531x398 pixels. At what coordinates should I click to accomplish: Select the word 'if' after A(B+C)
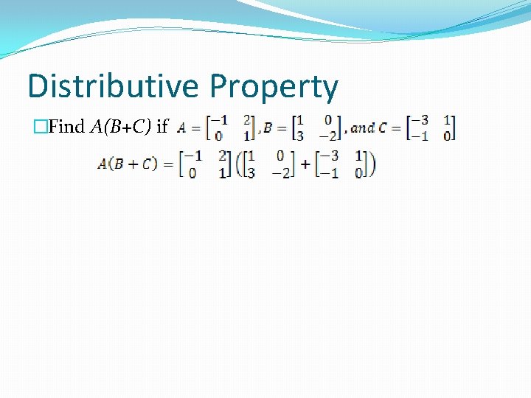click(x=162, y=127)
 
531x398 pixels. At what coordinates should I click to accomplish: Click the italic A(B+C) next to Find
click(x=121, y=127)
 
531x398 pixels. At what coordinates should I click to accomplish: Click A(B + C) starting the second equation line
click(x=128, y=164)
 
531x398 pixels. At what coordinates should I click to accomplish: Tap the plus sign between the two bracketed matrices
click(x=305, y=165)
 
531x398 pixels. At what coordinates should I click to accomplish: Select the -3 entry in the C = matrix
click(x=420, y=120)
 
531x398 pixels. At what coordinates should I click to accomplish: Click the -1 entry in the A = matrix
click(x=219, y=120)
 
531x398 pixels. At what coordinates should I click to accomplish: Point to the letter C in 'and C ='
click(x=382, y=128)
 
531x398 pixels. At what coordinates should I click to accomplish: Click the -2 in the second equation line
click(x=282, y=173)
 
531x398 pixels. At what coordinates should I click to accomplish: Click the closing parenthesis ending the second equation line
click(x=372, y=164)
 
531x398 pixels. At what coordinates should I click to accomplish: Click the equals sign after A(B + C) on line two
click(x=168, y=164)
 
